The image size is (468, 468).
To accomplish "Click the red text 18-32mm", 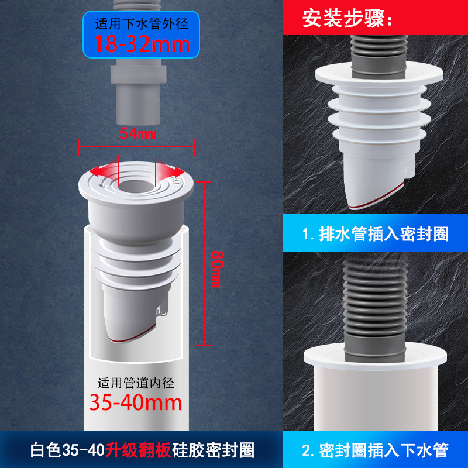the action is [142, 44].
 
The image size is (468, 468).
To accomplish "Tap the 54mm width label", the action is [138, 133].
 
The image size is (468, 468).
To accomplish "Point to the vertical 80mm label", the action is [217, 269].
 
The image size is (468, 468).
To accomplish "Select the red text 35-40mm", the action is [136, 402].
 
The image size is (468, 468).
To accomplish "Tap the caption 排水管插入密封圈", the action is [384, 233].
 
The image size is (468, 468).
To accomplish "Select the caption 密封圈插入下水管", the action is [384, 450].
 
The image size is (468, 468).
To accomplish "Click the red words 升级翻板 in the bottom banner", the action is [138, 450].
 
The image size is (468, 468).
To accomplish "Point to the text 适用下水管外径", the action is [142, 24].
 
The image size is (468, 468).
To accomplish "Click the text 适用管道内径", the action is [136, 383].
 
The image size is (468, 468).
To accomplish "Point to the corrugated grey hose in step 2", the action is [375, 308].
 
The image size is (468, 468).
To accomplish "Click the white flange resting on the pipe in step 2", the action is [375, 357].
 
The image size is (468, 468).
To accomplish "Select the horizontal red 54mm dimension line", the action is [137, 147].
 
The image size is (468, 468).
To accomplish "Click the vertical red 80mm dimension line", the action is [204, 263].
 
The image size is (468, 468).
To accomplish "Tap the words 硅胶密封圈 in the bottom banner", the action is [213, 450].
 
